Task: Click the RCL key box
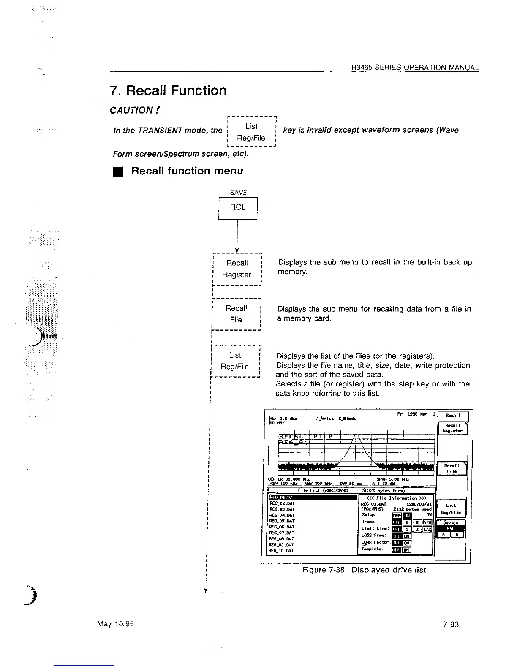[238, 208]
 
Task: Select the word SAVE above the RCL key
[238, 193]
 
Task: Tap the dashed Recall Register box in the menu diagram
[237, 269]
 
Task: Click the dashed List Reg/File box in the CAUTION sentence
[251, 132]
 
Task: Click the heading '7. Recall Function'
[168, 90]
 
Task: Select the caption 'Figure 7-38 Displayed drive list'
[364, 570]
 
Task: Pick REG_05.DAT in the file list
[282, 521]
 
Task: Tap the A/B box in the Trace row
[427, 522]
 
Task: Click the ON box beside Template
[406, 550]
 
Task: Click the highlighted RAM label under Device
[450, 528]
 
